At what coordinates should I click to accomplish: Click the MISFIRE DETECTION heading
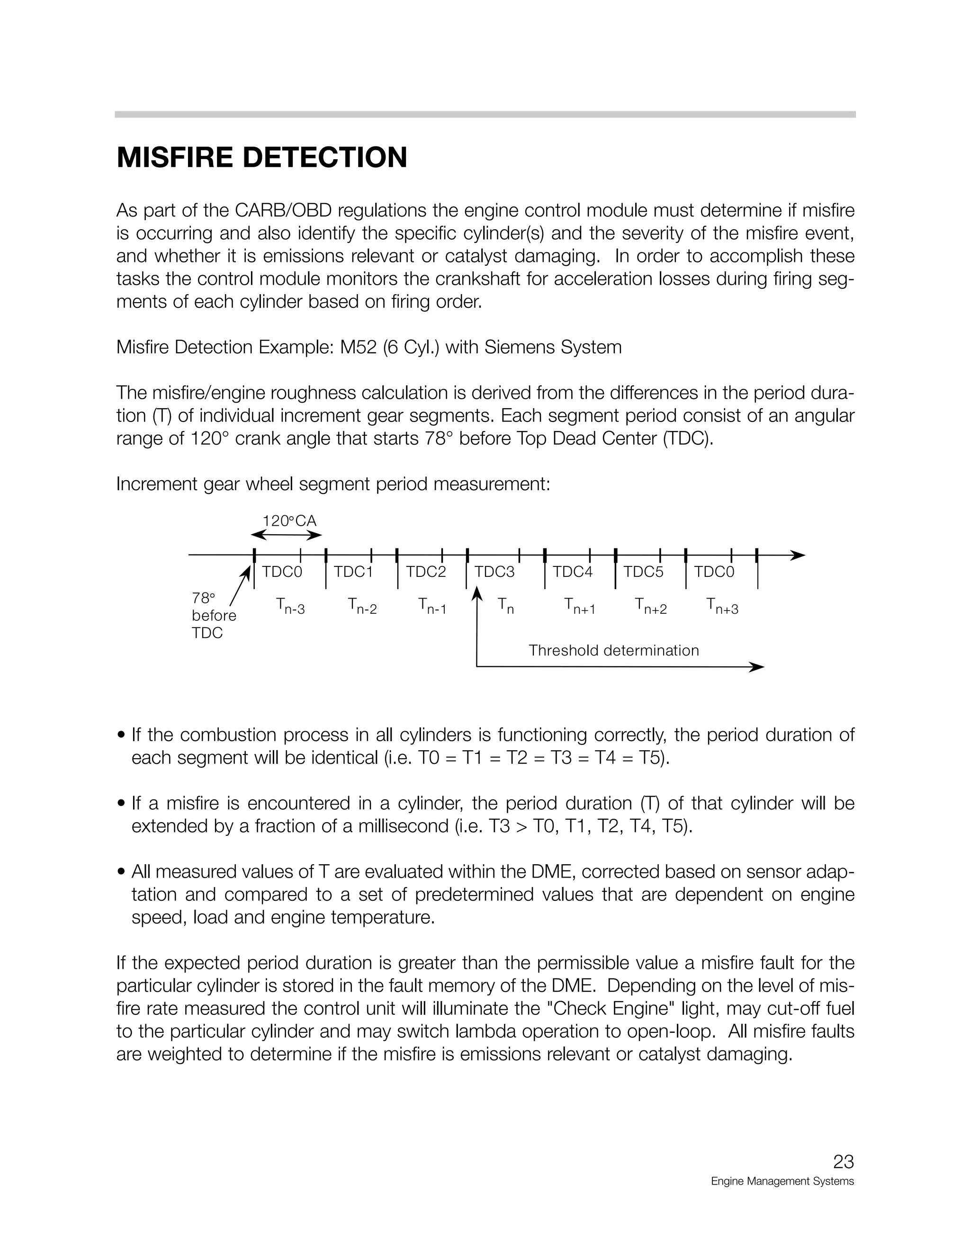[261, 157]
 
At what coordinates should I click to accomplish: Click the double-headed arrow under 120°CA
[286, 536]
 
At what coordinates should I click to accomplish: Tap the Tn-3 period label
[290, 606]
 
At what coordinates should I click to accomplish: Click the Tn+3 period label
[722, 606]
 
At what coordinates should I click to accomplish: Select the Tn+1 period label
[580, 606]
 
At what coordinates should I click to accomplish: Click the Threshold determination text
[613, 651]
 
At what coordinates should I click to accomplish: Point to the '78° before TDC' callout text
[213, 616]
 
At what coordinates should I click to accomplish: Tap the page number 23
[843, 1161]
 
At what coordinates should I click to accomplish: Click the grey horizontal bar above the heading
[485, 114]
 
